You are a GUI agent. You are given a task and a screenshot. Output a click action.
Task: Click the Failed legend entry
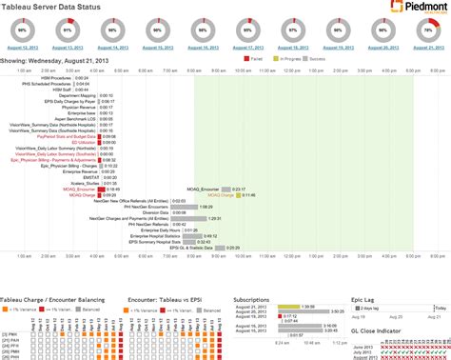point(256,59)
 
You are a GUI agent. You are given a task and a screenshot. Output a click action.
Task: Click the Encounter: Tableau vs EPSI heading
point(166,272)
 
